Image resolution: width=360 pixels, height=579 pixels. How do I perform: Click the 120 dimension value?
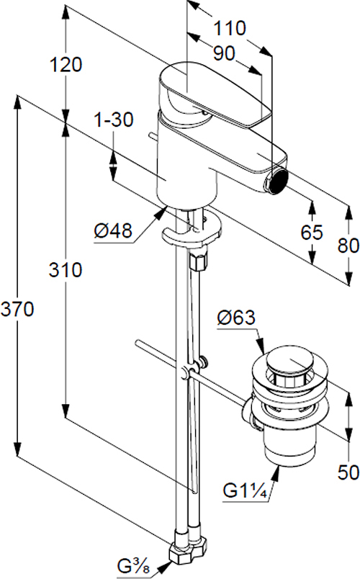(x=66, y=65)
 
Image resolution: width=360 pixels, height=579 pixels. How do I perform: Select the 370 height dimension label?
(x=17, y=309)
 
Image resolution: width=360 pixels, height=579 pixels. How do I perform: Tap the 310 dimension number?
(x=66, y=270)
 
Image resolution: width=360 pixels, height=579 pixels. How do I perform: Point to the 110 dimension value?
(x=230, y=28)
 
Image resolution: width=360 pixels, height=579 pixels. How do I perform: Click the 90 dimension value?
(x=224, y=54)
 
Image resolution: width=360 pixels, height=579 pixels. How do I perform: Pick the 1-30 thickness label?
(x=114, y=120)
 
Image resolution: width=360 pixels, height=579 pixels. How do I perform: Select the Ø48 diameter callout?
(x=113, y=231)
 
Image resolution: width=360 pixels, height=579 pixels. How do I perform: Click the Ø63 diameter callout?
(x=236, y=318)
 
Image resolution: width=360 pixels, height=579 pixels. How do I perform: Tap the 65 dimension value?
(x=312, y=233)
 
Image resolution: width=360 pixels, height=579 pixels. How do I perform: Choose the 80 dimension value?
(x=348, y=245)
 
